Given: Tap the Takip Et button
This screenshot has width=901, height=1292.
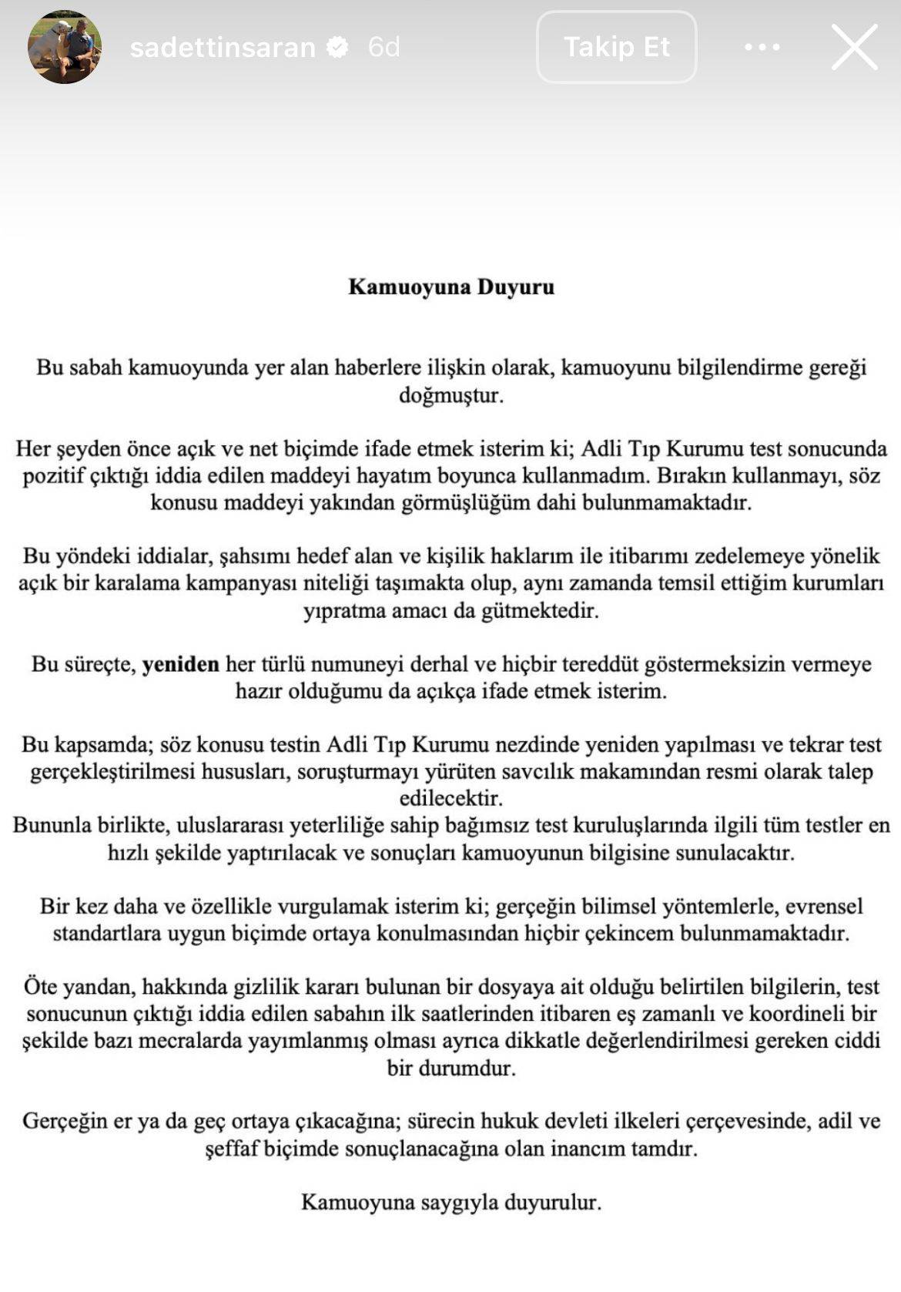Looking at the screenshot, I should (616, 47).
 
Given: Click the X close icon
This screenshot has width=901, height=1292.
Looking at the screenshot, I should (854, 47).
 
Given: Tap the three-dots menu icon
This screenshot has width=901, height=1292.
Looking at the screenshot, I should (762, 47).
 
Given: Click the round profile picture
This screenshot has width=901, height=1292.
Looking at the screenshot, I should (65, 47).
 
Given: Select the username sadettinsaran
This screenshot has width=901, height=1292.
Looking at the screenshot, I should (223, 48).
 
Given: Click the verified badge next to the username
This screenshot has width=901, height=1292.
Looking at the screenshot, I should (337, 48).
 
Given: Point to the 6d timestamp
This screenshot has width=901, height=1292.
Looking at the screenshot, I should (384, 48).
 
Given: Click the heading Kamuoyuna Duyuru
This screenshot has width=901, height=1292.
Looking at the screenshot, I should (451, 287).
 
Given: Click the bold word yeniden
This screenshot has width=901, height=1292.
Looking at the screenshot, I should (180, 663).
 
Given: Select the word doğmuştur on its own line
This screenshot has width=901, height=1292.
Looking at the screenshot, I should (450, 395).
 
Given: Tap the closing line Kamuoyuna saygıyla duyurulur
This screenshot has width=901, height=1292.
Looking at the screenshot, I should (450, 1202).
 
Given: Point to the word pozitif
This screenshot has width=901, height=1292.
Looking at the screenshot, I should (52, 475).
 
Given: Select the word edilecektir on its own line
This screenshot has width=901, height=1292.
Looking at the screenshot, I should (450, 798).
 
